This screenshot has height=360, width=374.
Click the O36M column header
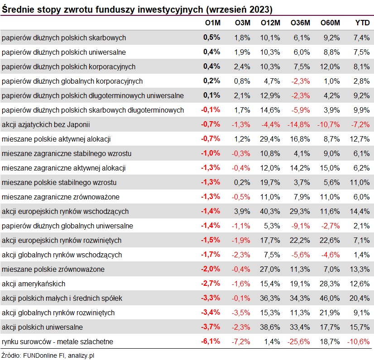300,23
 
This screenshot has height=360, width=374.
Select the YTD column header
362,23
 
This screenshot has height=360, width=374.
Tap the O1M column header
212,23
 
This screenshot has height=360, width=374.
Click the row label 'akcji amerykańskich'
34,284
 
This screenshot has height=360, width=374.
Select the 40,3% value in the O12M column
270,211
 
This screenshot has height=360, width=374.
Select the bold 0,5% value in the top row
211,38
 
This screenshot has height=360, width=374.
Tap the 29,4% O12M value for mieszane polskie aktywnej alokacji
270,139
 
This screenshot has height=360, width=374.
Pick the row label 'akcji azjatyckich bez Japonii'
47,124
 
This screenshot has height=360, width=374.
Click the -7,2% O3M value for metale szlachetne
241,341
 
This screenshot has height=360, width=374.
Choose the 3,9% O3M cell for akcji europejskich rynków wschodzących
242,211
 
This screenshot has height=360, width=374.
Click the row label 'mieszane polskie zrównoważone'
53,270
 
